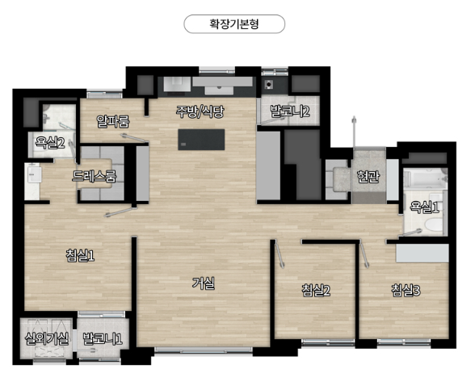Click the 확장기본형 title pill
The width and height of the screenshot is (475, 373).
(234, 24)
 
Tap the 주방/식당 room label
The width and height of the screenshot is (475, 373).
(200, 111)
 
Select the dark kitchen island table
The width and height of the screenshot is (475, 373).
(201, 139)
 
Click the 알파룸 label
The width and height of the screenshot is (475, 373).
(113, 121)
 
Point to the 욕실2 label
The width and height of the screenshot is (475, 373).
(50, 142)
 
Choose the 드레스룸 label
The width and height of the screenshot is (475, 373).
(94, 176)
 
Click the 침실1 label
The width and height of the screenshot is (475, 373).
(80, 255)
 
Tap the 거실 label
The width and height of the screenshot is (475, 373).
(204, 283)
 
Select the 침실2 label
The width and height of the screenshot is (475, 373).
(316, 290)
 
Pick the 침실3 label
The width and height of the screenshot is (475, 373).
(406, 290)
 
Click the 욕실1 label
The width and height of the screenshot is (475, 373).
(424, 207)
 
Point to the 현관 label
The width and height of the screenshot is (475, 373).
(368, 177)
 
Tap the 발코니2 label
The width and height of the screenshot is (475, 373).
(289, 111)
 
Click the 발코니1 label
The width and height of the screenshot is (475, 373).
(103, 338)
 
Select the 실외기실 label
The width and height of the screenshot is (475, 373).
(47, 338)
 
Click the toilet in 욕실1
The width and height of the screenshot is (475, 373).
(434, 226)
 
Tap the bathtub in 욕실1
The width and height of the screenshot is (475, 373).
(426, 178)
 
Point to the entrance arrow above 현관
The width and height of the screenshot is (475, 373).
(354, 132)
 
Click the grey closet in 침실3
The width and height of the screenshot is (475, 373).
(422, 254)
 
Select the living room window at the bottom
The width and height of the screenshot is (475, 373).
(204, 350)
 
